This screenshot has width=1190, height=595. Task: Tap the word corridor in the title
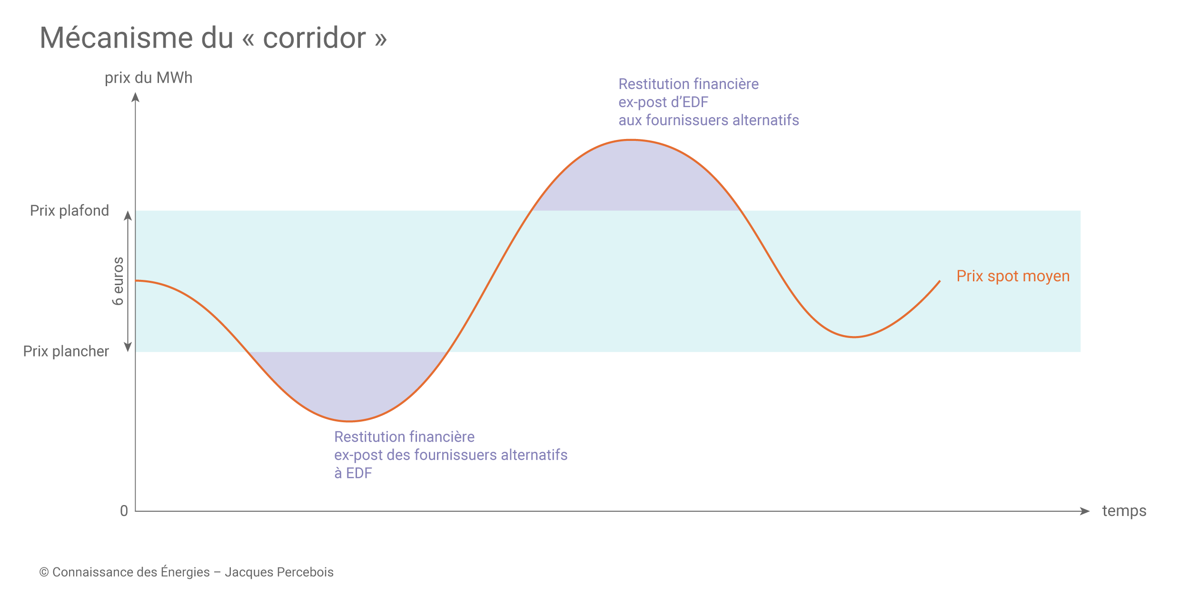(314, 38)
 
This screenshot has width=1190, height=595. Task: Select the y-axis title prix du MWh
(149, 78)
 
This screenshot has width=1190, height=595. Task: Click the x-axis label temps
(1124, 511)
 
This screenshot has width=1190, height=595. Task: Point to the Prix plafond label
(69, 210)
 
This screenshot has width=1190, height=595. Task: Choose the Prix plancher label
(66, 351)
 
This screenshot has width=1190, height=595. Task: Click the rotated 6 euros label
(118, 281)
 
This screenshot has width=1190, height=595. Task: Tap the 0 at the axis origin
(124, 511)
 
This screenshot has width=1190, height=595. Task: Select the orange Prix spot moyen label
(1013, 276)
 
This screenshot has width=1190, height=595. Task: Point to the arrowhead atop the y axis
(136, 97)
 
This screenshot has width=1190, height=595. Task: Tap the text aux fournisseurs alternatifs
(709, 120)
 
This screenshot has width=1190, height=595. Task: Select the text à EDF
(353, 473)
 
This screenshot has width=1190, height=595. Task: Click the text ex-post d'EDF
(664, 102)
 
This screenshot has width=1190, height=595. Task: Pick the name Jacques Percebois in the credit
(279, 572)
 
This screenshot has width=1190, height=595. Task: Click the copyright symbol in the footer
(44, 572)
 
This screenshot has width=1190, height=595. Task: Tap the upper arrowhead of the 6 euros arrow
(128, 216)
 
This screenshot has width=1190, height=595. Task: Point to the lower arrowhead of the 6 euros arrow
(128, 347)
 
